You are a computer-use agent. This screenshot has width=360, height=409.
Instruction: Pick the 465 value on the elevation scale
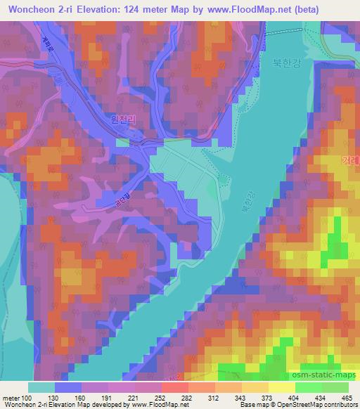pyautogui.click(x=347, y=398)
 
